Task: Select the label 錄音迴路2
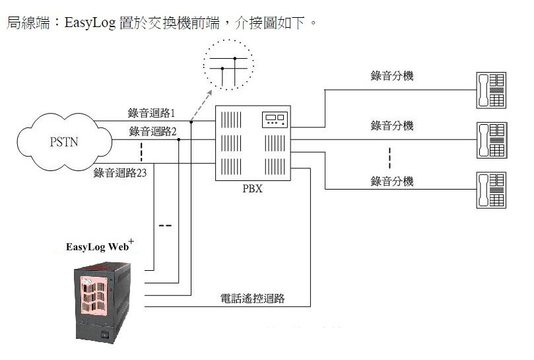point(153,131)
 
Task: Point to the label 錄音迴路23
point(120,174)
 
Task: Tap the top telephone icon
point(490,89)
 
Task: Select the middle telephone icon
point(490,139)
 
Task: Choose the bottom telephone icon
point(490,190)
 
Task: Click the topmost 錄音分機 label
point(392,76)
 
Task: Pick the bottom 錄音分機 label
point(392,180)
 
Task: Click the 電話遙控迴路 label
point(252,299)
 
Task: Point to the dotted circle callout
point(226,65)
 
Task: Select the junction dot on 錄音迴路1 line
point(190,122)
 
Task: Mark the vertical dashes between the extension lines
point(389,158)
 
